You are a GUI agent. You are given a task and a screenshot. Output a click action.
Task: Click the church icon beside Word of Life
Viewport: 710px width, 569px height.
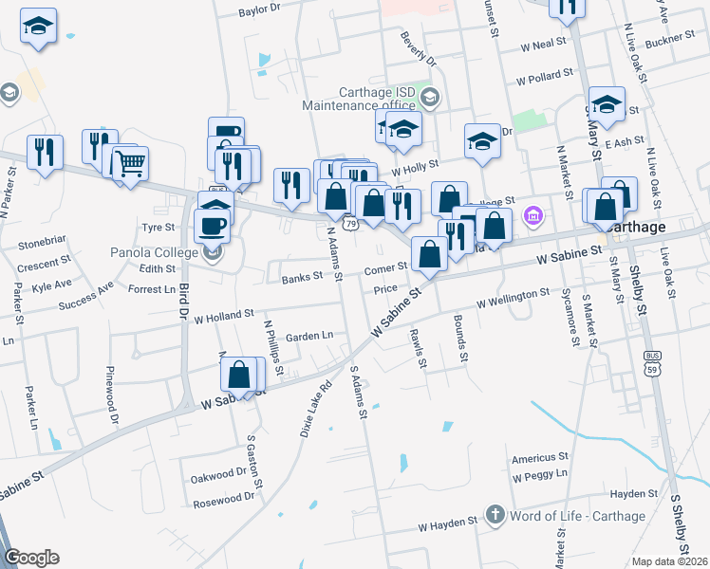[495, 516]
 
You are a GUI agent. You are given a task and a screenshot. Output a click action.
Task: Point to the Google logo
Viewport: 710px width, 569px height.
[31, 558]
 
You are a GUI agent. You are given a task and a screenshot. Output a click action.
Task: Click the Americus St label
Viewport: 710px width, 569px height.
[539, 457]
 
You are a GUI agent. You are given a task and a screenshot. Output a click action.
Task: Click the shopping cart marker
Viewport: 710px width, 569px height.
[130, 164]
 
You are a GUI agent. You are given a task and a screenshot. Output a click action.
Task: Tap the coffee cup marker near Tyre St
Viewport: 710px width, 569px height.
[212, 227]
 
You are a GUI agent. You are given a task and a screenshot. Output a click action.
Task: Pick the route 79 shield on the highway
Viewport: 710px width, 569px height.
[350, 224]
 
